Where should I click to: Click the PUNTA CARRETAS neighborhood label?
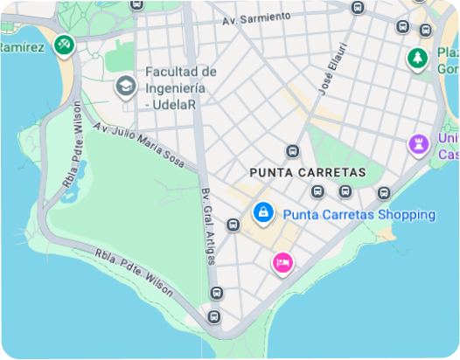pyautogui.click(x=307, y=172)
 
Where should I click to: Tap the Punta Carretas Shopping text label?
pyautogui.click(x=359, y=214)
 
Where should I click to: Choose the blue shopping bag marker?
pyautogui.click(x=261, y=211)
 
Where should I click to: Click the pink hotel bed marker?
pyautogui.click(x=282, y=261)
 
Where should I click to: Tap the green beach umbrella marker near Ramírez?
pyautogui.click(x=63, y=44)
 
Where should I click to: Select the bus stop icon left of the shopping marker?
pyautogui.click(x=233, y=225)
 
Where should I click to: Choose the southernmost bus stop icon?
pyautogui.click(x=214, y=315)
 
